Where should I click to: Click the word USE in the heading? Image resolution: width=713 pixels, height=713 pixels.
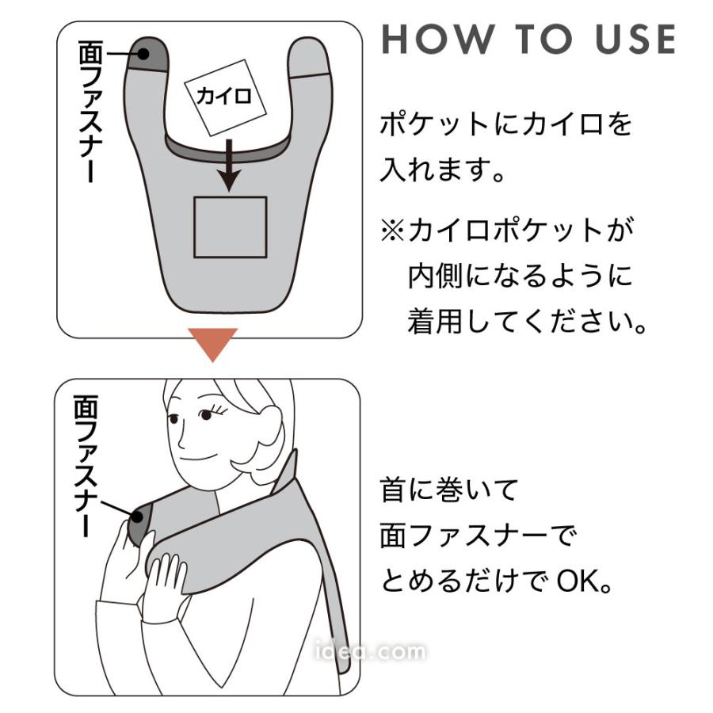pyautogui.click(x=635, y=39)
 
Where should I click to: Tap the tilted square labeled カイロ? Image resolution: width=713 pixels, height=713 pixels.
pyautogui.click(x=225, y=97)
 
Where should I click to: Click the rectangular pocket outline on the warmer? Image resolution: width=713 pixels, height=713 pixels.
pyautogui.click(x=230, y=227)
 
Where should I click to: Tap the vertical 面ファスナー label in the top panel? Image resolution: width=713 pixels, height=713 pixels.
pyautogui.click(x=91, y=111)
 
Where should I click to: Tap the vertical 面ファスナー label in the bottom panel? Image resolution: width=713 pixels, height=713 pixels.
pyautogui.click(x=86, y=465)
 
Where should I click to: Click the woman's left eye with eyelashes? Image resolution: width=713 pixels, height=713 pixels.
pyautogui.click(x=207, y=414)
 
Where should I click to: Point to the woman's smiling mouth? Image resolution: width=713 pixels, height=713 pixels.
pyautogui.click(x=198, y=456)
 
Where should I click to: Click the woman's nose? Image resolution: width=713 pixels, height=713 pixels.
pyautogui.click(x=181, y=438)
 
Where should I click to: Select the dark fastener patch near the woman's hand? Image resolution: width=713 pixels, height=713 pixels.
pyautogui.click(x=139, y=523)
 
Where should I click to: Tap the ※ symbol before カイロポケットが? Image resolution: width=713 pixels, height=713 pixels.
pyautogui.click(x=392, y=230)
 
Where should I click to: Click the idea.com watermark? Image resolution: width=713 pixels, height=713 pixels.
pyautogui.click(x=370, y=651)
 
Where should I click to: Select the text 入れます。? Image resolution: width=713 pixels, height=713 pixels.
pyautogui.click(x=442, y=170)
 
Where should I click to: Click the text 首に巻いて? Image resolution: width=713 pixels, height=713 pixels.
pyautogui.click(x=449, y=490)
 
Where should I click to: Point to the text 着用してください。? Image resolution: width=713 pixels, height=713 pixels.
pyautogui.click(x=527, y=321)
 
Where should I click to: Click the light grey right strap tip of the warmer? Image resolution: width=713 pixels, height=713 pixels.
pyautogui.click(x=308, y=57)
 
